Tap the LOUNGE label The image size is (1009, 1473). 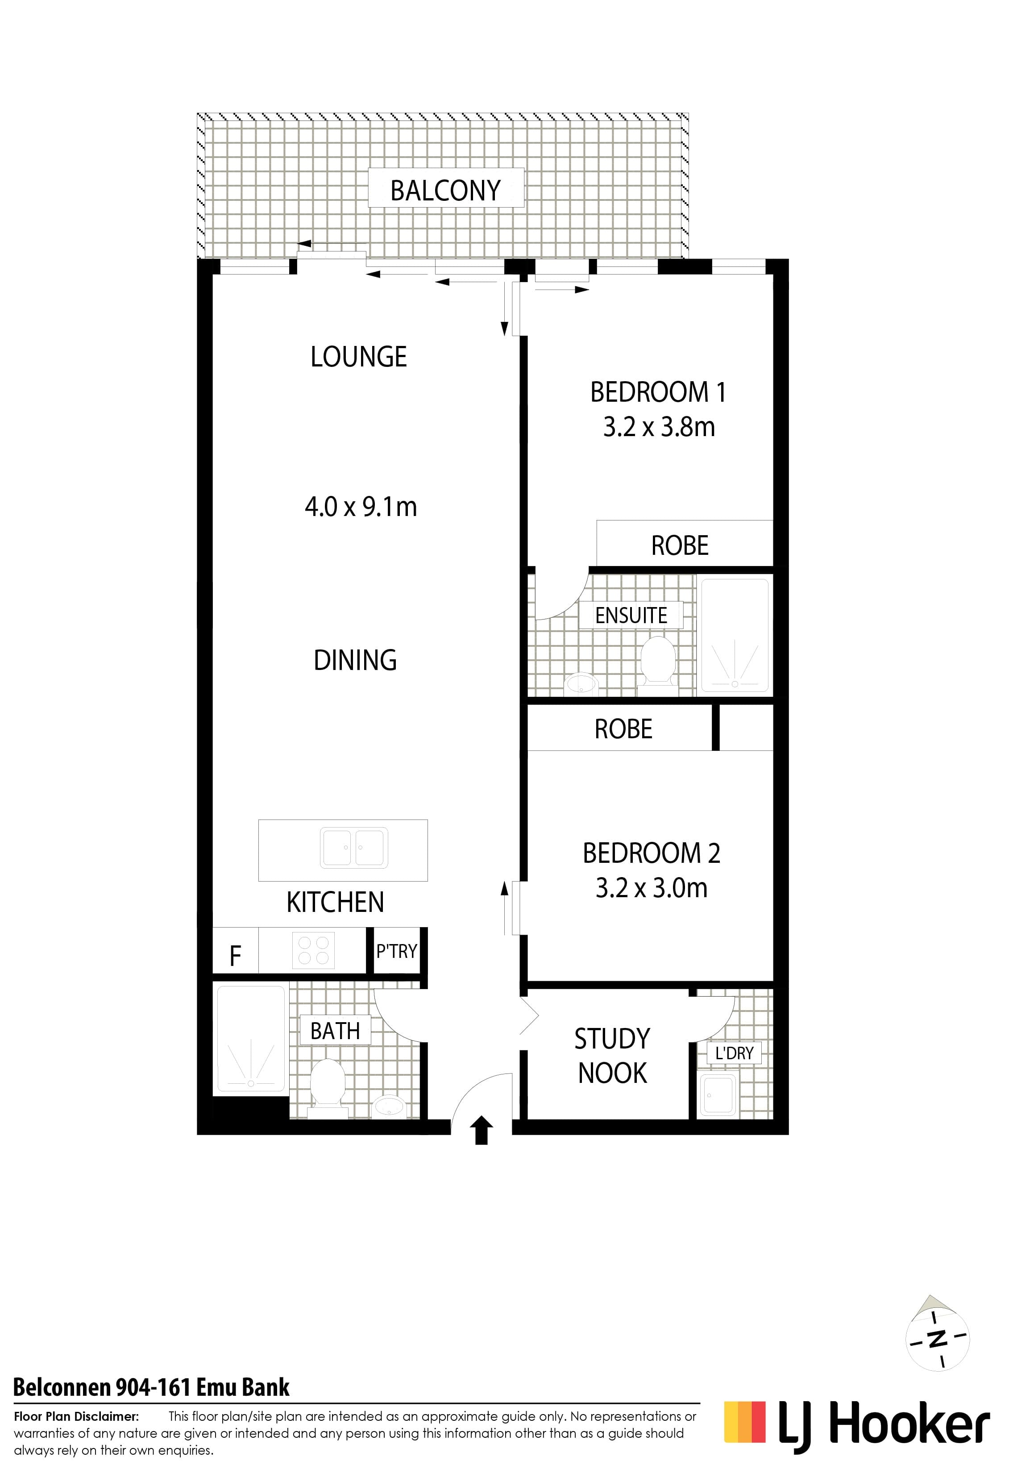(359, 357)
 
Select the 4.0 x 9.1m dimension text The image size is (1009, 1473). (361, 507)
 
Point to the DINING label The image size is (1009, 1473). (356, 660)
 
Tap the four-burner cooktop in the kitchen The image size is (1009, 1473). (313, 951)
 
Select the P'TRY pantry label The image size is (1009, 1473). (396, 951)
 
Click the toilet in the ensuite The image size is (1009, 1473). (656, 661)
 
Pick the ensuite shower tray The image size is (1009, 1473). (734, 636)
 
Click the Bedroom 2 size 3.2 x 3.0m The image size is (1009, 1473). (652, 888)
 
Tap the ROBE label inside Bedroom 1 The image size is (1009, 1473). (680, 545)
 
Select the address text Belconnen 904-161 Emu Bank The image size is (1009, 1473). (151, 1387)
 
